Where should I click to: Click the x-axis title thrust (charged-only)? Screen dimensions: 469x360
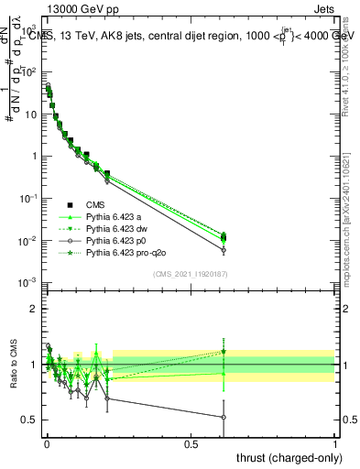[286, 457]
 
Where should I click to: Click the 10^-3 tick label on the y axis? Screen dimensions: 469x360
[27, 282]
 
